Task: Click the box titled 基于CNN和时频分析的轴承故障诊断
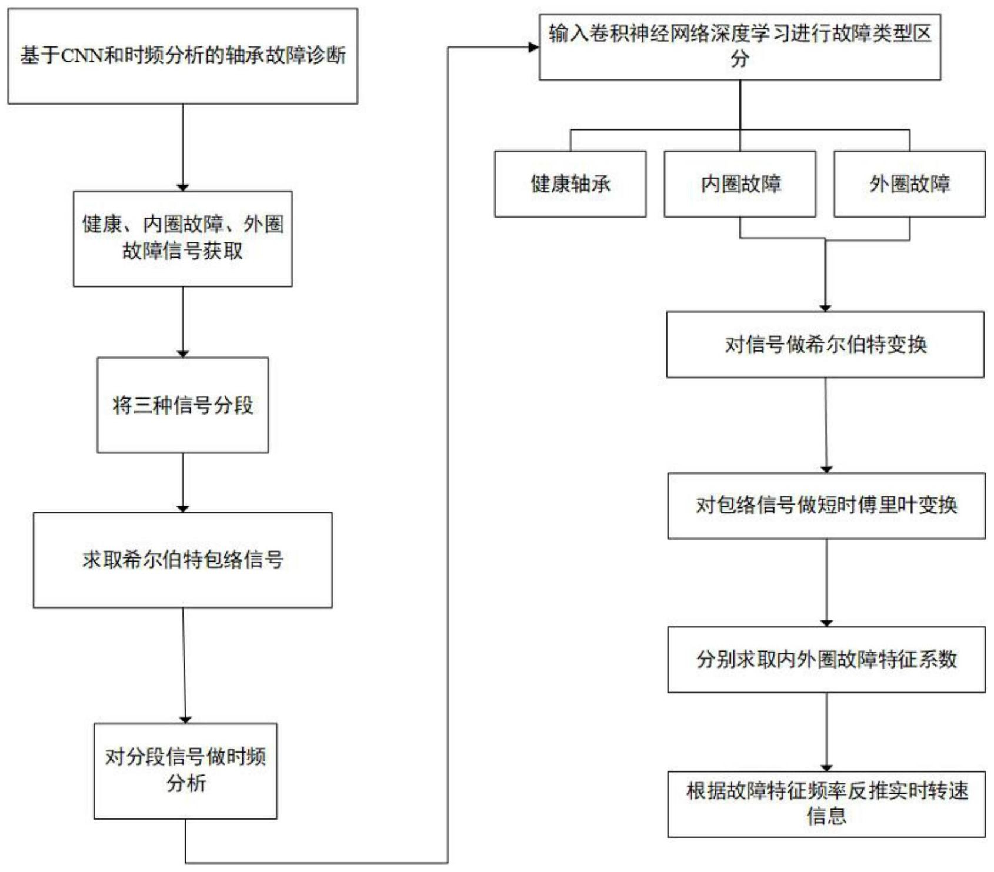coord(182,56)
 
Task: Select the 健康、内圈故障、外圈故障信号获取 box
coord(182,238)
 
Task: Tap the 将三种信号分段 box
coord(182,405)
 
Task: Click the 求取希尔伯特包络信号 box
coord(182,559)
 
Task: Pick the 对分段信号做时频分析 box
coord(185,770)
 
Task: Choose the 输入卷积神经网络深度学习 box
coord(739,46)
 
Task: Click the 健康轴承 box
coord(570,184)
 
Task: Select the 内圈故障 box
coord(739,184)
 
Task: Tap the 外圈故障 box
coord(909,184)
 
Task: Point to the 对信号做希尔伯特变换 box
coord(825,345)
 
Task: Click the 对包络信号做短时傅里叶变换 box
coord(826,505)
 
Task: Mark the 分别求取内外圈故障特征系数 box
coord(826,659)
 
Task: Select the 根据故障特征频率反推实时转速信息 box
coord(826,804)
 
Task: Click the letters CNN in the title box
coord(82,56)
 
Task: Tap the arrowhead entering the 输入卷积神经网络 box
coord(534,47)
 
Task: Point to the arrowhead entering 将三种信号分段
coord(182,353)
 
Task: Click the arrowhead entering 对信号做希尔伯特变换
coord(825,308)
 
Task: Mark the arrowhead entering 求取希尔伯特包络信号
coord(182,508)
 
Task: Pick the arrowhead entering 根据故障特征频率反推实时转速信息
coord(826,767)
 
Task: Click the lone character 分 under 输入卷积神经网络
coord(739,59)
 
